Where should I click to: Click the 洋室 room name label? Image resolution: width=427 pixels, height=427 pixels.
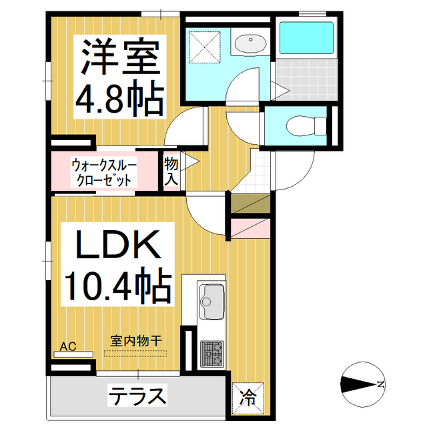[120, 57]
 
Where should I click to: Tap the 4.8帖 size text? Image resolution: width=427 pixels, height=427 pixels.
[119, 97]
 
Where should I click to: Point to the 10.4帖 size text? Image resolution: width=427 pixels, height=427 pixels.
[117, 286]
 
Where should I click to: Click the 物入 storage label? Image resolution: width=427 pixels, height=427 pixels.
[171, 171]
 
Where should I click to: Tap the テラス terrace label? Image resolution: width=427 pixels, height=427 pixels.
[137, 396]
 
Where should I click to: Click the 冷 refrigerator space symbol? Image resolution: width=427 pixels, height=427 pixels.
[248, 398]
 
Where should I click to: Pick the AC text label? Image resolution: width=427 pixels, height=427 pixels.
[68, 347]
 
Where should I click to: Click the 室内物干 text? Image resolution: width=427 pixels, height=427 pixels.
[136, 341]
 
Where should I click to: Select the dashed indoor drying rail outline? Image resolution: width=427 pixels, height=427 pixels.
[135, 353]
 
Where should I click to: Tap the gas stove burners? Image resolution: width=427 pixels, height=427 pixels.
[212, 354]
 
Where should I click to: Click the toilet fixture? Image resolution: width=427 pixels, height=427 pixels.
[306, 126]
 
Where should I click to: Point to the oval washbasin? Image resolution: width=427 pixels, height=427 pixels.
[251, 43]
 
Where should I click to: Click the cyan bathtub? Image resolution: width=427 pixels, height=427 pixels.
[307, 37]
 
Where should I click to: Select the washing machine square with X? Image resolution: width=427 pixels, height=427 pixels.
[205, 47]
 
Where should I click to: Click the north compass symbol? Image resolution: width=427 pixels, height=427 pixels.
[363, 384]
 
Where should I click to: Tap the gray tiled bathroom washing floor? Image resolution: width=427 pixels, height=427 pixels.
[307, 79]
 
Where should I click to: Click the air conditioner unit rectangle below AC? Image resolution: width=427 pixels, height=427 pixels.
[74, 354]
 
